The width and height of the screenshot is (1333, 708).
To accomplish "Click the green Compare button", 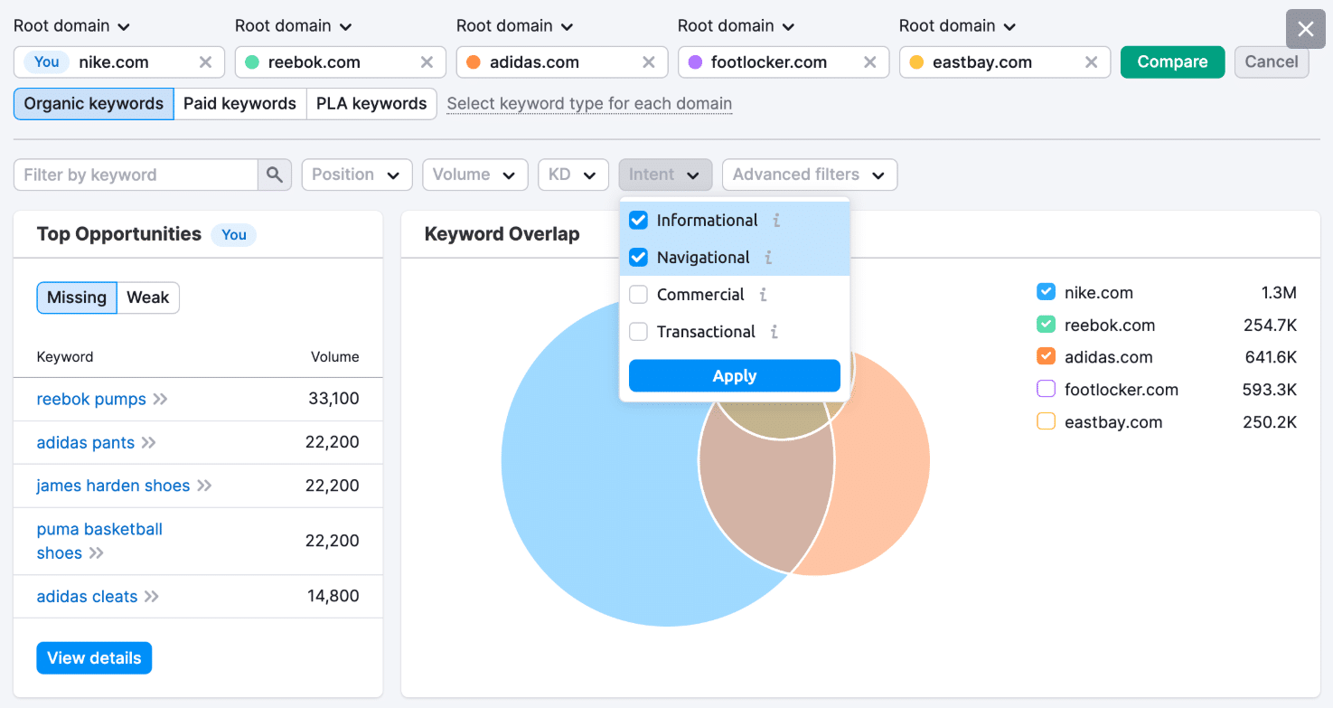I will (1172, 62).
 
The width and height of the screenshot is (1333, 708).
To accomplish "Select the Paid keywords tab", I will (239, 104).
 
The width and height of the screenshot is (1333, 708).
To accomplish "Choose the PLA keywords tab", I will (371, 104).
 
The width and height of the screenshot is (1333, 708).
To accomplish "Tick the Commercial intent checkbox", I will (638, 295).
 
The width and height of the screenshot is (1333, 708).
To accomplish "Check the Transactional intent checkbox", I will (638, 332).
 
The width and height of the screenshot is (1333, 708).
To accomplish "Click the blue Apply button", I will (734, 376).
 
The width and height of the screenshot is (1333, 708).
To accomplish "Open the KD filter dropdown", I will (572, 175).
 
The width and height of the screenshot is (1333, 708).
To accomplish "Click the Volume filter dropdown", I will (474, 175).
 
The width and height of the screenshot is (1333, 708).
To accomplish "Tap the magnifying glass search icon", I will (275, 175).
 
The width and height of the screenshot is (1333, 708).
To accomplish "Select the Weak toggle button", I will (148, 297).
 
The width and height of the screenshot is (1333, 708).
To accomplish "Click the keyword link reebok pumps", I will (91, 400).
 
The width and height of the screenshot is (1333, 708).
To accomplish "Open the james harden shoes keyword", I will (113, 486).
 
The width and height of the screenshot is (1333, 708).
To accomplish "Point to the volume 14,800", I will (333, 596).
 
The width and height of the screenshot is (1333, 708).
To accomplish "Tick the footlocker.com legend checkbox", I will (1046, 390).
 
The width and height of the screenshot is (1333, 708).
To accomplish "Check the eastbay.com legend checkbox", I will (1046, 422).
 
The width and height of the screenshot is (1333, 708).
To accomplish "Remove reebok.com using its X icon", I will (427, 62).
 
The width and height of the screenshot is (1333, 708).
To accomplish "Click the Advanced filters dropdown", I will (809, 175).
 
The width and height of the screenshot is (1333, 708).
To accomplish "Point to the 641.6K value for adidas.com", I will (1271, 357).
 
